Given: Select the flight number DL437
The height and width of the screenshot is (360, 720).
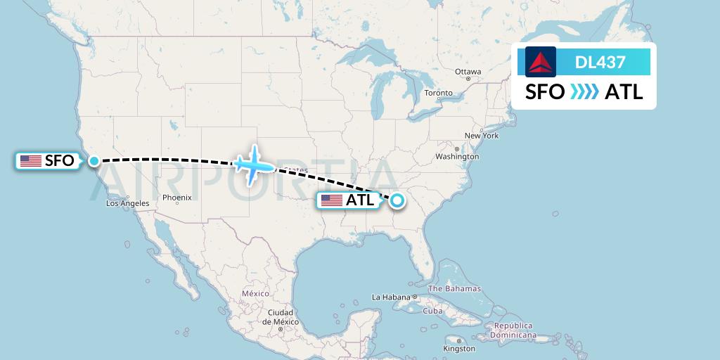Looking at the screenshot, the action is coord(600,62).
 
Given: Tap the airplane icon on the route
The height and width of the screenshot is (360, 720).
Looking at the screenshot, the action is coord(252,165).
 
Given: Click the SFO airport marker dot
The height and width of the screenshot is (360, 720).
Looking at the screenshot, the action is coord(94,161).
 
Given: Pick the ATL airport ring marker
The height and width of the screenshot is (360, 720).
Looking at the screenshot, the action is coord(397,200).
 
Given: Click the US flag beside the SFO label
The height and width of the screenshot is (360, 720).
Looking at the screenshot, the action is coord(31,161).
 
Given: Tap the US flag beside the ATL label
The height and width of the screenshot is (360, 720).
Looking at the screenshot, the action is coord(331,200).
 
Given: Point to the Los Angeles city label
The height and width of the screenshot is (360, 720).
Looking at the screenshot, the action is coord(128,204).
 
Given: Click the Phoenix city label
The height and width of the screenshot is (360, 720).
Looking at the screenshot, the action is coord(176,198).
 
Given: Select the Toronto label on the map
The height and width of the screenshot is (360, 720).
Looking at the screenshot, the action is coord(439,93).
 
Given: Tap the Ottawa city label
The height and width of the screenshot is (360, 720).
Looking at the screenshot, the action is coord(468,72).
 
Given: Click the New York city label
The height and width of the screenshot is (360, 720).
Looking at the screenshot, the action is coord(482,135).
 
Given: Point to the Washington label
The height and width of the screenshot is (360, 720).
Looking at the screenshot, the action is coord(457,156).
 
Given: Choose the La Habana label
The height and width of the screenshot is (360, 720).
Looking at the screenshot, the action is coord(391,297).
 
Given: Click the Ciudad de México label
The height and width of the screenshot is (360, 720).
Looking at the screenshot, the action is coord(280,316).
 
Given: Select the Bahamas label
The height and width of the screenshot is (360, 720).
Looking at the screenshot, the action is coord(454,289).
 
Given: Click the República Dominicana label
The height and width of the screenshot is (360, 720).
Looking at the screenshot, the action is coord(513,330).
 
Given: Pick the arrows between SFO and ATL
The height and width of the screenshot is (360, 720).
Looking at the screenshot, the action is coord(584,91).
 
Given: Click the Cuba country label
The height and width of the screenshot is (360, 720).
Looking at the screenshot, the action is coord(432,311).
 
